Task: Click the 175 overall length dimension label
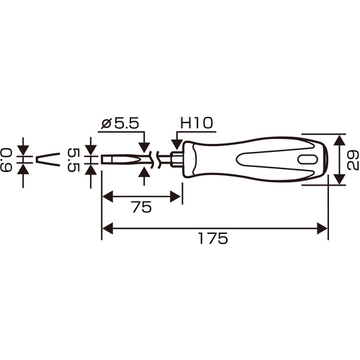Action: click(213, 238)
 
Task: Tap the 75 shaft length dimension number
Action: click(142, 207)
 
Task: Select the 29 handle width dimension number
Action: click(353, 161)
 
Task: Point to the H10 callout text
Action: click(197, 123)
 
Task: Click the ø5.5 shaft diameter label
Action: click(120, 123)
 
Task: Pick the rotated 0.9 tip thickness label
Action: click(6, 160)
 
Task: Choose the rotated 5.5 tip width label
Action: click(73, 160)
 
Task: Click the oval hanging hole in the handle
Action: click(307, 160)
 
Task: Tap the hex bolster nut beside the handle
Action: click(176, 160)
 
